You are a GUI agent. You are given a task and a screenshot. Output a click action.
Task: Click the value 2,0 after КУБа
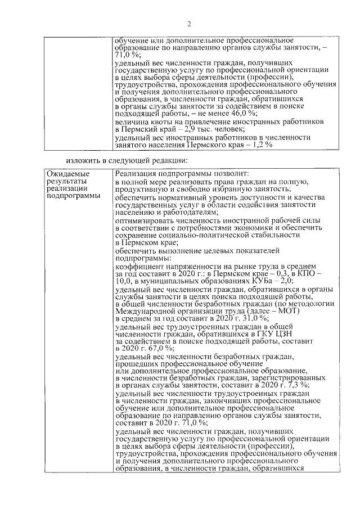[285, 280]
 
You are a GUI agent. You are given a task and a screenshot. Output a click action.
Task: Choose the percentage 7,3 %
[298, 385]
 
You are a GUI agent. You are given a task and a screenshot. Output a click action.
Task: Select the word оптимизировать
[145, 221]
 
